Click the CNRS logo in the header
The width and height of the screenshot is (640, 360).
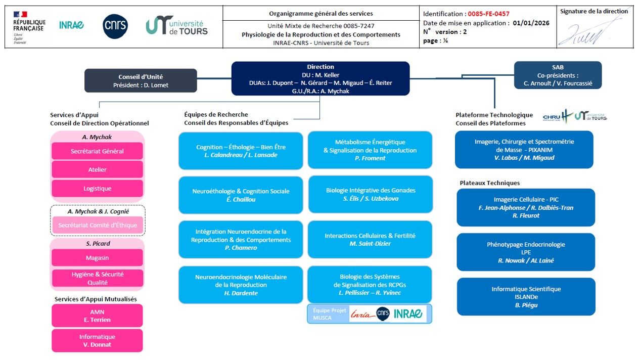click(x=115, y=26)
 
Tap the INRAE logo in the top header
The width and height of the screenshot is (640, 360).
click(x=71, y=25)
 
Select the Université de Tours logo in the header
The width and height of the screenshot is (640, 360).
click(x=176, y=25)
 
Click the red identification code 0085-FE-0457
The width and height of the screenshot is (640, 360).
click(x=488, y=14)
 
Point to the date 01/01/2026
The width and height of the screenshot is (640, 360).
click(x=531, y=23)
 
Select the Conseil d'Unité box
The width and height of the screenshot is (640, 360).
click(x=141, y=80)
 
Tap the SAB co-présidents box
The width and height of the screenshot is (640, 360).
click(x=558, y=75)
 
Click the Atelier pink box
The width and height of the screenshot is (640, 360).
click(x=97, y=169)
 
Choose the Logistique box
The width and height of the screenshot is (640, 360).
click(x=97, y=188)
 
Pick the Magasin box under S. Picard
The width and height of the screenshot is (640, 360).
click(x=97, y=258)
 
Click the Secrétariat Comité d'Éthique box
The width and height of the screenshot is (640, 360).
click(x=98, y=225)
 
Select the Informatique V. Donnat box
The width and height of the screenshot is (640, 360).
click(x=97, y=341)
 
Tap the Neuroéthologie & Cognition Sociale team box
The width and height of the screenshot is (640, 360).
click(x=241, y=195)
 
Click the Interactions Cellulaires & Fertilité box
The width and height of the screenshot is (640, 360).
click(x=370, y=240)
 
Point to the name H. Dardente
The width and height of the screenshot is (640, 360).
click(x=241, y=293)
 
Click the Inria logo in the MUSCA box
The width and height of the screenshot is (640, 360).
click(x=362, y=314)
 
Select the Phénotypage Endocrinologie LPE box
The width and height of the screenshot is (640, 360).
click(x=526, y=252)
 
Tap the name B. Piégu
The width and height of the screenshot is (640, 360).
click(x=526, y=305)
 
